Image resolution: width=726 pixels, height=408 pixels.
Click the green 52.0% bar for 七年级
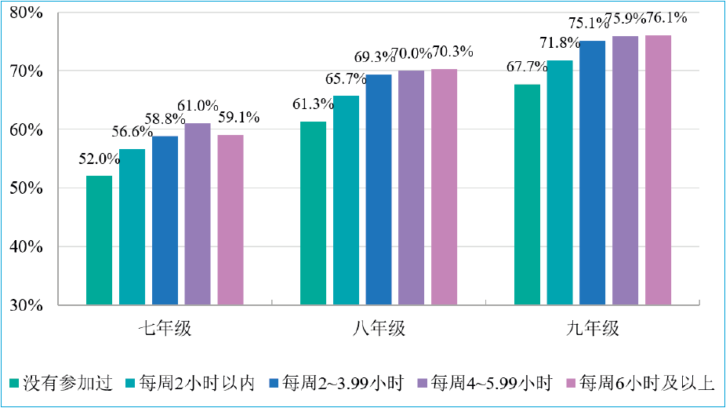99,239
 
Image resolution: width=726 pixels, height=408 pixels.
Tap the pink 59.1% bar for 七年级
231,220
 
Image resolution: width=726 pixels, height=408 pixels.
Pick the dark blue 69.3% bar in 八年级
379,189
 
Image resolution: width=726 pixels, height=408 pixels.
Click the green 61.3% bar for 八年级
314,213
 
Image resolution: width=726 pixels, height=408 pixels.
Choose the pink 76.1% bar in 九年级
659,169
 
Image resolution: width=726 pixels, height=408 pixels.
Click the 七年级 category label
164,329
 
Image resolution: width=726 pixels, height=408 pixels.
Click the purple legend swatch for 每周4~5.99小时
422,384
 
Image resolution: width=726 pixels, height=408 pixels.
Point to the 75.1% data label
591,24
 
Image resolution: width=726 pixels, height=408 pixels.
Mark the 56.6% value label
132,132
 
